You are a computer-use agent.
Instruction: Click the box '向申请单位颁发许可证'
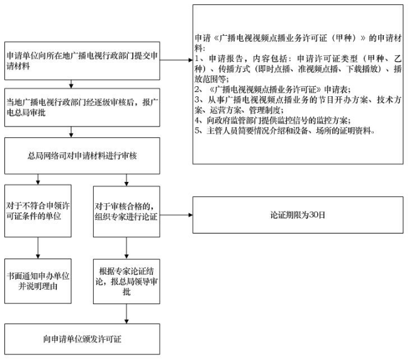[x=82, y=339]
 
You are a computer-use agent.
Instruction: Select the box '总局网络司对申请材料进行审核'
[x=82, y=155]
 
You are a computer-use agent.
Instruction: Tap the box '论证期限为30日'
[x=298, y=215]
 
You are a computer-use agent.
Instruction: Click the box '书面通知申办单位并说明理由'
[x=38, y=281]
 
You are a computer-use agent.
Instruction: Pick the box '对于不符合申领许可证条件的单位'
[x=38, y=211]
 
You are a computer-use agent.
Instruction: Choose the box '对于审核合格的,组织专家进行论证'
[x=126, y=211]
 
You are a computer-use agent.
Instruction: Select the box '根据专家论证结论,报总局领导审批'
[x=126, y=281]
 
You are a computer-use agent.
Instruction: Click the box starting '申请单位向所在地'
[x=82, y=61]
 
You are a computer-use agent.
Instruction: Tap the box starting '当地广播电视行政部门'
[x=82, y=108]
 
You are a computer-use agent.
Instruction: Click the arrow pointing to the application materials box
[x=176, y=60]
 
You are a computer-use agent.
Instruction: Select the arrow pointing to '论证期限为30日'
[x=176, y=215]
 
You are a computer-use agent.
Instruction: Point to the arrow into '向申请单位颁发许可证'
[x=126, y=314]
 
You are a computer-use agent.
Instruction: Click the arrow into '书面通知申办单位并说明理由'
[x=38, y=248]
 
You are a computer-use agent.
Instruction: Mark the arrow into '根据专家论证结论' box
[x=126, y=248]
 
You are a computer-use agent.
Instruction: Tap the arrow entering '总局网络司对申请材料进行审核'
[x=71, y=132]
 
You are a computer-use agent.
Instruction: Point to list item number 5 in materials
[x=284, y=130]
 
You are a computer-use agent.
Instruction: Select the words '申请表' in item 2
[x=335, y=90]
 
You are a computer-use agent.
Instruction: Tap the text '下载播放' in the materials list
[x=362, y=69]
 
